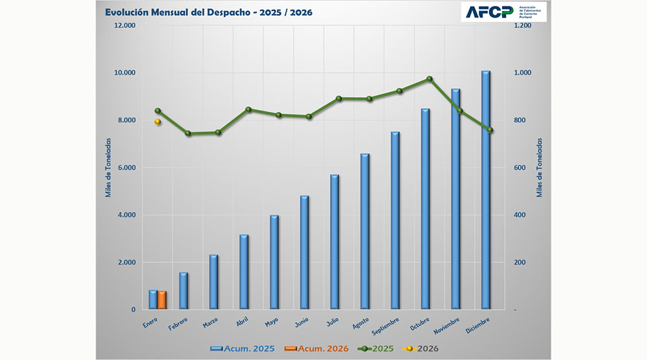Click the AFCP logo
[x=503, y=12]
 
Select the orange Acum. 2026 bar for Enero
[x=162, y=300]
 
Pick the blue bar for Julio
[x=334, y=242]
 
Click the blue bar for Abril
[x=244, y=272]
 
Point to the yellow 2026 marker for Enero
[x=157, y=122]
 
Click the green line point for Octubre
[x=430, y=79]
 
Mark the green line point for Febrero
[x=188, y=133]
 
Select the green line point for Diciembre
[x=490, y=130]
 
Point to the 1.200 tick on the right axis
[x=522, y=26]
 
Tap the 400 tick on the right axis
[x=521, y=215]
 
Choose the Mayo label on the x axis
[x=272, y=322]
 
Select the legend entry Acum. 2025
[x=243, y=349]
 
